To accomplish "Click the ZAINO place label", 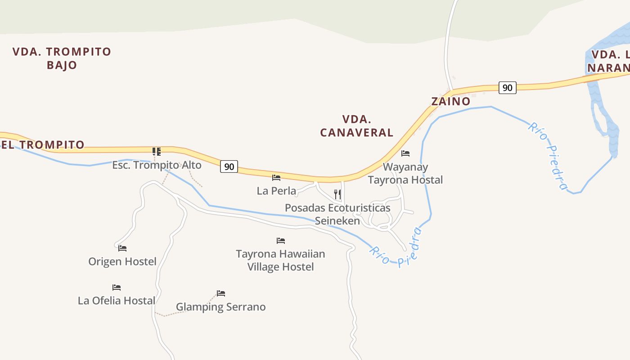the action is point(450,101).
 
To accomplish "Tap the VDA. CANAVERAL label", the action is point(356,126).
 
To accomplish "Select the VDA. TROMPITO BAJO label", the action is point(62,58).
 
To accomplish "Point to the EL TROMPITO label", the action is point(43,145).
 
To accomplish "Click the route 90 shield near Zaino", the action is point(507,88).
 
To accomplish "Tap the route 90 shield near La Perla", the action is point(229,166).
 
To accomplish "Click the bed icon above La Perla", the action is point(276,178).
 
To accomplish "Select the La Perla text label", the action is point(276,191).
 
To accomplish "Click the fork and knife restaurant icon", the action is point(337,194).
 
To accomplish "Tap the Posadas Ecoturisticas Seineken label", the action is point(337,214).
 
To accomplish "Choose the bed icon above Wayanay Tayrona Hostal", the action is point(405,153).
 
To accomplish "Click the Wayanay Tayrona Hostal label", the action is point(405,173).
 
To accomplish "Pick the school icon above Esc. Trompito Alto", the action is point(156,151).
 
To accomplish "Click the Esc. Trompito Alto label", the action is point(157,165).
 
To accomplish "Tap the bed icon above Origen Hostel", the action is point(122,248).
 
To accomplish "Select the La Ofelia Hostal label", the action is point(117,301).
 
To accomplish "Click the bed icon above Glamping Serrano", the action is point(221,293).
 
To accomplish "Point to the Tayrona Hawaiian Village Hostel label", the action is point(280,260).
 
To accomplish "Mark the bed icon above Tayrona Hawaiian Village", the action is point(281,241).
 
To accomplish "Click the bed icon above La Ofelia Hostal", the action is point(117,287).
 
